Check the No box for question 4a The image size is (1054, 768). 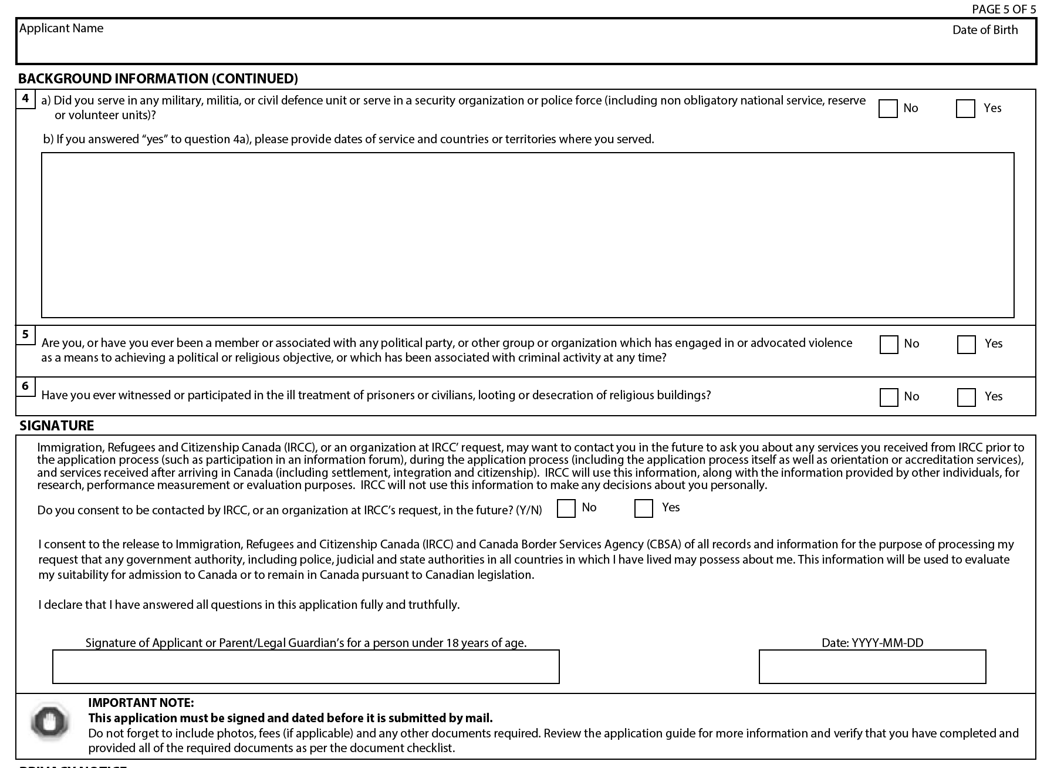887,109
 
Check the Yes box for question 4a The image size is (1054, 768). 965,109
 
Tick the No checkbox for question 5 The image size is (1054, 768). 889,345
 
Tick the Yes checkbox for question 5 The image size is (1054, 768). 966,345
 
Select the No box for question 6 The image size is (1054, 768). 889,398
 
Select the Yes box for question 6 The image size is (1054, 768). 966,398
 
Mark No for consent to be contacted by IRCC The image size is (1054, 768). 566,508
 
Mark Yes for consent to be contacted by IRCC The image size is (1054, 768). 643,508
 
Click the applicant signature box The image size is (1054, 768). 306,666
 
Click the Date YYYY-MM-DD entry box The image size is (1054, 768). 872,666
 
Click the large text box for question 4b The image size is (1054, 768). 527,235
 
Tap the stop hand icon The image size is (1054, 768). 50,721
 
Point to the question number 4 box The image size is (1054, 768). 25,99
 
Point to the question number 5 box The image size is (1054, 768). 25,335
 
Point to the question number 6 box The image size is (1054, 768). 25,386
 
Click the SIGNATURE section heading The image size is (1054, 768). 57,426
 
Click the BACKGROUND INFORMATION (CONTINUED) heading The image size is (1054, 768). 158,79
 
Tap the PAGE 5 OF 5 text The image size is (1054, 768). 1004,9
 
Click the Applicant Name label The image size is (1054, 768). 61,28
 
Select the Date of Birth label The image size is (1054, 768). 985,30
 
